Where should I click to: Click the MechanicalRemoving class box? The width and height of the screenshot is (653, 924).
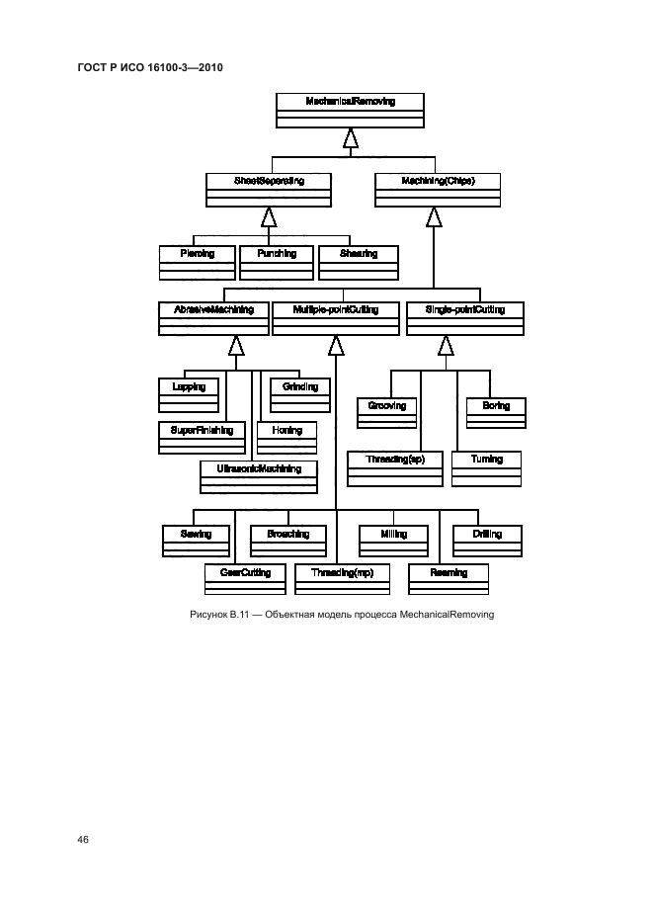350,109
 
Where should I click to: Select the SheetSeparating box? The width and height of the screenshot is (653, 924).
269,189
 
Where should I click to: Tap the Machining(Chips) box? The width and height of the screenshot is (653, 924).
437,189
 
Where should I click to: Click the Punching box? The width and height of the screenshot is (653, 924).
276,261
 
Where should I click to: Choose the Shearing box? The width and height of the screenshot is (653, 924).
357,261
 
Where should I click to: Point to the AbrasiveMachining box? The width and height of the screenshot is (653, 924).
213,317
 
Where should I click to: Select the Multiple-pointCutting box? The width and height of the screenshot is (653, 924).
336,317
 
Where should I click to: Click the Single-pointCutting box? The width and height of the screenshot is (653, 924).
464,317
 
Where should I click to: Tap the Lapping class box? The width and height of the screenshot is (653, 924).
189,394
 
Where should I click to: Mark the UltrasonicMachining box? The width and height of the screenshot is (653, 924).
259,475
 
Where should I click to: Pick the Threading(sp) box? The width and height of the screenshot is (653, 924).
394,467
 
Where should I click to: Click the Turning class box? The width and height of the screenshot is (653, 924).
487,467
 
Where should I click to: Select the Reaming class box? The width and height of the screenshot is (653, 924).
449,580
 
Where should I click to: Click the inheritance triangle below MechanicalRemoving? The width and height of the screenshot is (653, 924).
350,138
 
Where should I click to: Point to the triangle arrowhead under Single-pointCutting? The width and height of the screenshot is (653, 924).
446,345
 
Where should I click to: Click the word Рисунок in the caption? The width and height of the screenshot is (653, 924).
207,615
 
